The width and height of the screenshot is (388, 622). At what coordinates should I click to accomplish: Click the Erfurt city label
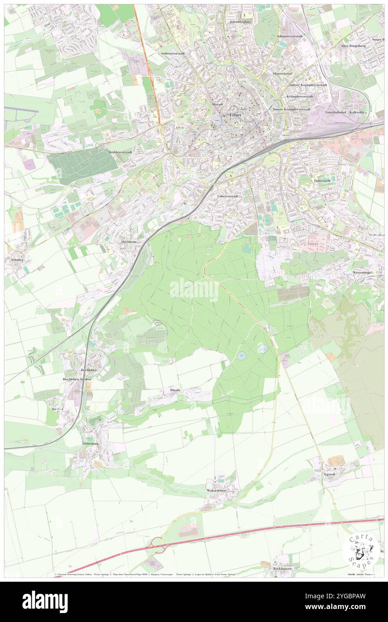(x=235, y=115)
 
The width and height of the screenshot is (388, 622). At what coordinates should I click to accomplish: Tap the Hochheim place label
(x=129, y=241)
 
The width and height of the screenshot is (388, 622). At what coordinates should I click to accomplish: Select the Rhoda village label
(x=175, y=390)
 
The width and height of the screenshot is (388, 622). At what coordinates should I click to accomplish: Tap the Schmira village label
(x=13, y=259)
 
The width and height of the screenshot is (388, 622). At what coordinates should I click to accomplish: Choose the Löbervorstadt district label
(x=228, y=196)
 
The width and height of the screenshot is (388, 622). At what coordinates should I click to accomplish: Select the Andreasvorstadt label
(x=172, y=53)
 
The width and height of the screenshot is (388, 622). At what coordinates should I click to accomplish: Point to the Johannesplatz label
(x=239, y=21)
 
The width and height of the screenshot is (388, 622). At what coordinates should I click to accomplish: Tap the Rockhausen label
(x=283, y=569)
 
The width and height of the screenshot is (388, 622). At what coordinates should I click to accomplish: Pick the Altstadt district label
(x=217, y=104)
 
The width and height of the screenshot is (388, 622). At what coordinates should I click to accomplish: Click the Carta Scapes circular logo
(x=362, y=551)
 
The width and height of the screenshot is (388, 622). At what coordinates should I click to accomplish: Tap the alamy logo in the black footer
(x=45, y=602)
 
